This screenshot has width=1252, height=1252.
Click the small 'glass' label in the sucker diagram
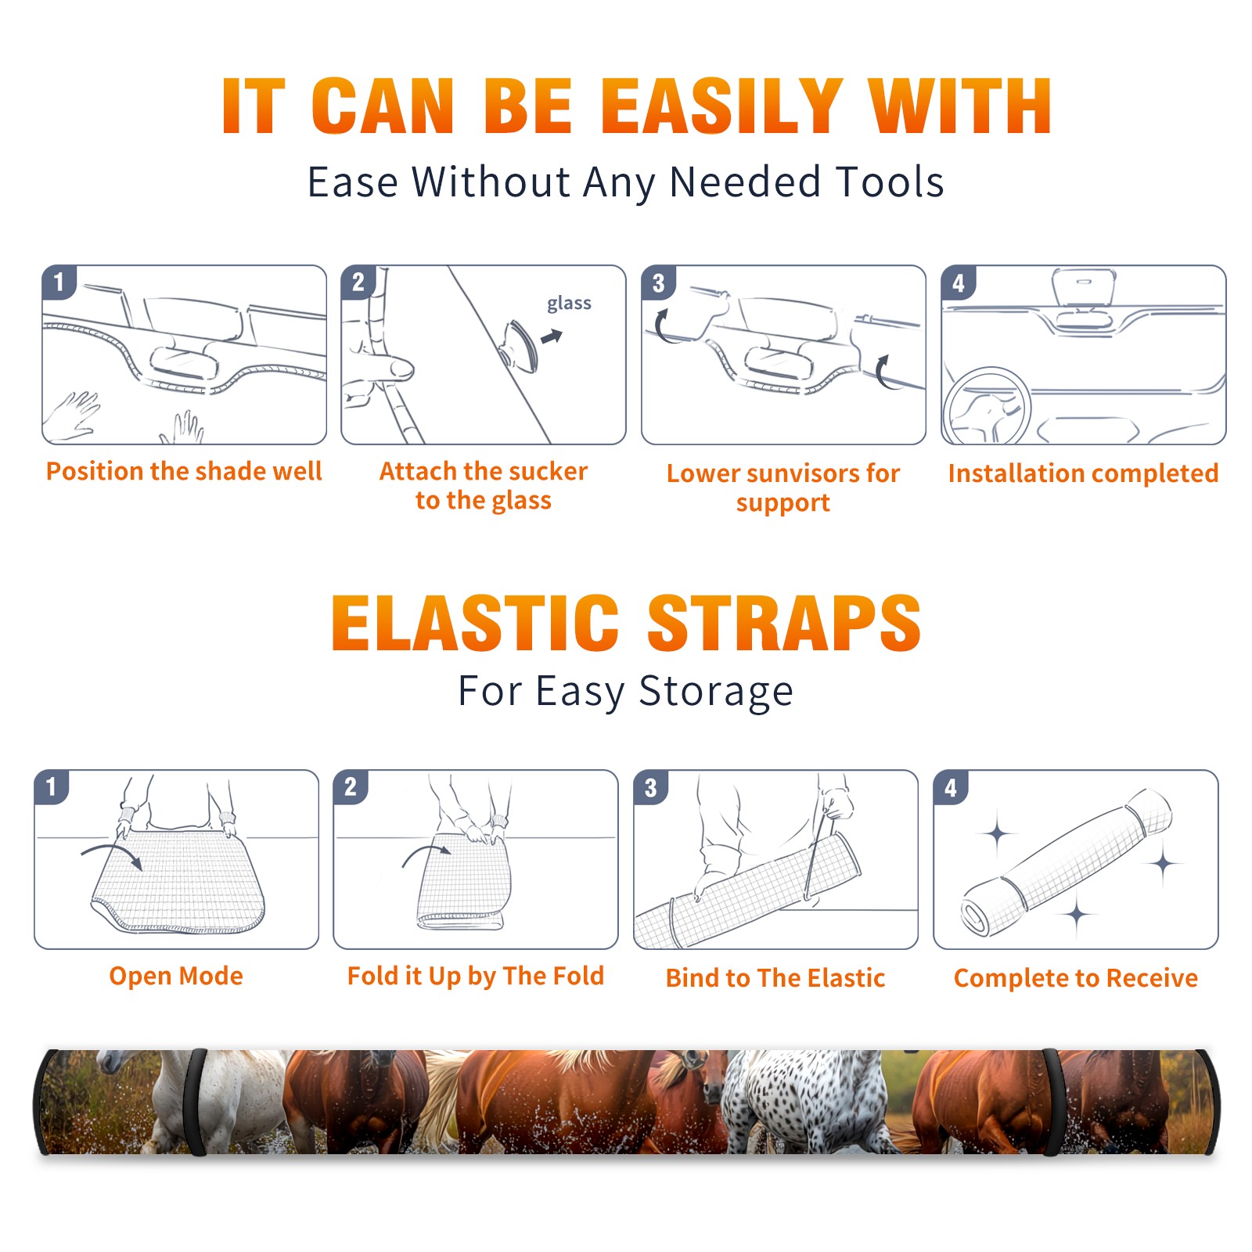tap(569, 304)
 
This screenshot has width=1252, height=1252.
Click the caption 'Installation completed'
tap(1083, 473)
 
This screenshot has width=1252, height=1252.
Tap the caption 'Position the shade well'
tap(184, 471)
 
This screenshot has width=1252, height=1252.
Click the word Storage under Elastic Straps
tap(716, 692)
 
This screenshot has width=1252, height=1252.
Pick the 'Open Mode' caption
tap(176, 976)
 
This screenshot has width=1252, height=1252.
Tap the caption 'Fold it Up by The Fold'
tap(476, 976)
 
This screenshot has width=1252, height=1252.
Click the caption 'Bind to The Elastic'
tap(775, 978)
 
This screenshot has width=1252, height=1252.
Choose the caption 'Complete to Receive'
tap(1076, 978)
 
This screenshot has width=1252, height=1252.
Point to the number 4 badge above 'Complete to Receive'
tap(951, 788)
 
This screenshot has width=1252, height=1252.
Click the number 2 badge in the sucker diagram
tap(358, 282)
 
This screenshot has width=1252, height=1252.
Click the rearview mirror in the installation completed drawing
tap(1084, 288)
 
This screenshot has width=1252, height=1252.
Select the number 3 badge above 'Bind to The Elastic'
tap(651, 788)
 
